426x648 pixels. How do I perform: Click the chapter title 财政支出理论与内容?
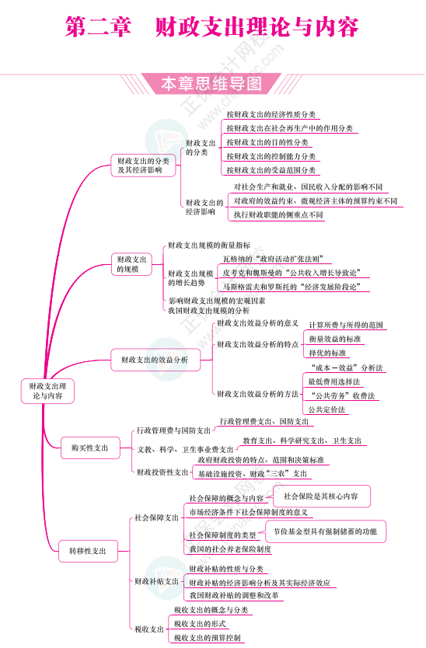pos(257,28)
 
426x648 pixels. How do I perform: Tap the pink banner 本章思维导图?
pos(211,84)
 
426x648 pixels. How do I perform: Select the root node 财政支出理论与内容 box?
pos(47,390)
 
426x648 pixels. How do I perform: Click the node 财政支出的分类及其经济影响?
pos(143,165)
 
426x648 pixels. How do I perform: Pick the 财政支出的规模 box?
pos(132,264)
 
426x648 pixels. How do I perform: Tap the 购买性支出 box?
pos(90,448)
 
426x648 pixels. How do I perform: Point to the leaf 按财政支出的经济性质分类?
pos(271,114)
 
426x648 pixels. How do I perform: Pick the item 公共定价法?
pos(327,409)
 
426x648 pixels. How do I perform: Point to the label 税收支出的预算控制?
pos(208,638)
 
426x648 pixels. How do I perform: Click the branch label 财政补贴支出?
pos(156,581)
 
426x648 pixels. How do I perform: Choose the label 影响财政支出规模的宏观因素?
pos(216,300)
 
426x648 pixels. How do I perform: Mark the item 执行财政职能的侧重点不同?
pos(278,214)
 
